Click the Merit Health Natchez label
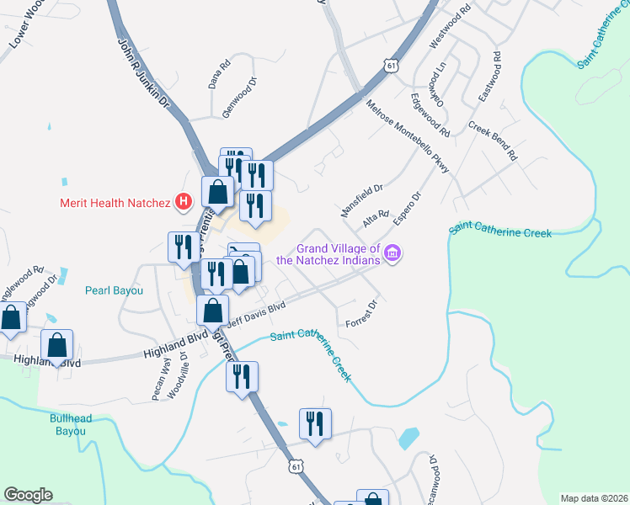tap(114, 202)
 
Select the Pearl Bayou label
tap(115, 290)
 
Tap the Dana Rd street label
tap(219, 74)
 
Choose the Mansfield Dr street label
tap(361, 199)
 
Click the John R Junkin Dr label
tap(143, 76)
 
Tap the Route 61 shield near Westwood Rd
tap(387, 65)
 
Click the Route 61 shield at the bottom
tap(295, 465)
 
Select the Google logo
tap(28, 495)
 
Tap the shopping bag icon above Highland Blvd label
tap(57, 344)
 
